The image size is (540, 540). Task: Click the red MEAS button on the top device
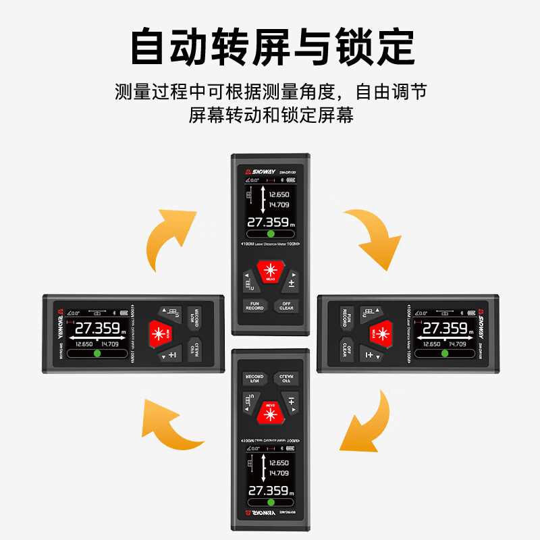(270, 272)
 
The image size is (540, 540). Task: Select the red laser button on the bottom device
(270, 411)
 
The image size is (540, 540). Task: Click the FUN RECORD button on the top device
(254, 305)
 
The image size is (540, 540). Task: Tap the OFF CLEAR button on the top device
(286, 305)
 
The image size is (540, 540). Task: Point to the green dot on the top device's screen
(271, 234)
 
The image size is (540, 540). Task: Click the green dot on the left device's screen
(97, 354)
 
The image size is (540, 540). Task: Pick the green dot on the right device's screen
(442, 354)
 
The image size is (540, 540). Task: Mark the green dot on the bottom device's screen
(270, 503)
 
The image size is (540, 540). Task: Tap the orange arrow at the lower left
(169, 425)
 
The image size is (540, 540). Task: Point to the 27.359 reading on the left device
(96, 329)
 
